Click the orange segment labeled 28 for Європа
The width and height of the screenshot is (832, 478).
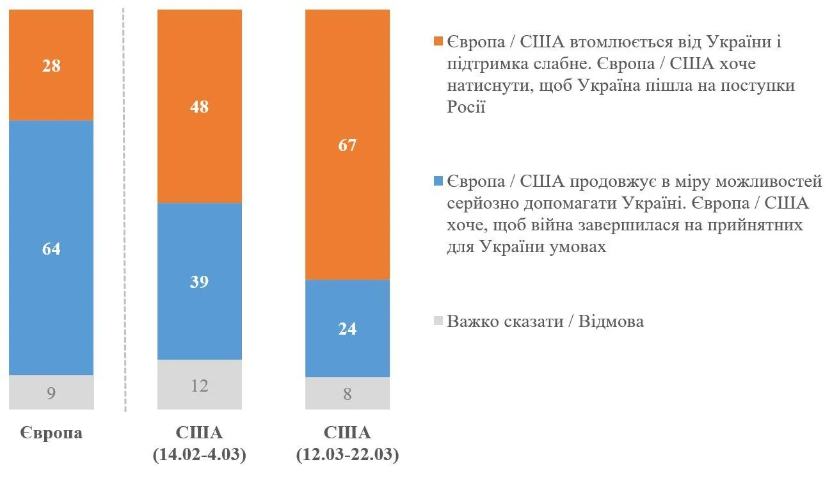[x=51, y=65]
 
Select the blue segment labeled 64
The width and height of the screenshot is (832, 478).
[x=51, y=248]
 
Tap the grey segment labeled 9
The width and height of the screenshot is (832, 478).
[x=51, y=392]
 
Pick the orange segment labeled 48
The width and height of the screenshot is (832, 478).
[x=200, y=106]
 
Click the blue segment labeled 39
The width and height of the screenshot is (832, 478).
[x=200, y=282]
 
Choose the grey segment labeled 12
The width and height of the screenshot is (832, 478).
[x=200, y=385]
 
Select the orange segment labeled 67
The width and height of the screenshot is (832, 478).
[x=348, y=145]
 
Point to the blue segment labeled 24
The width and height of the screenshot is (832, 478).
[x=348, y=328]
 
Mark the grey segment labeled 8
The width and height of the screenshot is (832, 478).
[x=348, y=393]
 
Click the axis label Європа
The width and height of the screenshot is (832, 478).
[x=51, y=433]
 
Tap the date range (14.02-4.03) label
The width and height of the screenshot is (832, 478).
[x=200, y=455]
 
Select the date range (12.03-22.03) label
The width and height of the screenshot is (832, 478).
[x=348, y=455]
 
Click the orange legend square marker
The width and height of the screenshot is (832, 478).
[x=438, y=42]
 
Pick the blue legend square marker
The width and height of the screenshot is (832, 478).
[x=438, y=182]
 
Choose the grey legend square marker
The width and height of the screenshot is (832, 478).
[x=438, y=321]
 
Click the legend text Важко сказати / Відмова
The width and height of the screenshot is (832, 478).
[x=545, y=321]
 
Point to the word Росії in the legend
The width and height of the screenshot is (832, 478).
[x=466, y=107]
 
